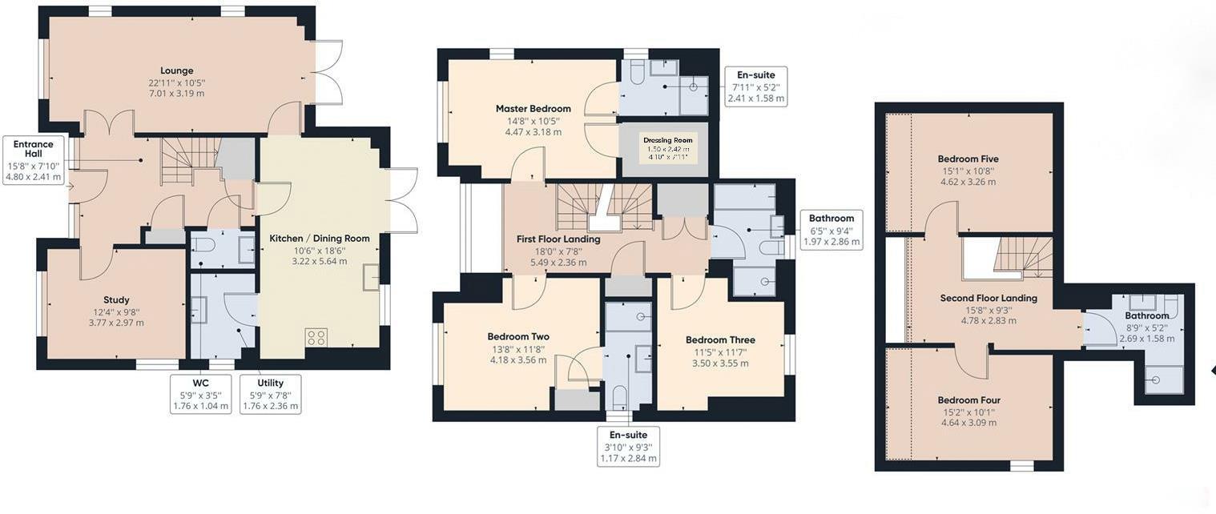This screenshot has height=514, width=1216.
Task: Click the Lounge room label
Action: (176, 71)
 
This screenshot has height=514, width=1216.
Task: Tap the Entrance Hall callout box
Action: (34, 161)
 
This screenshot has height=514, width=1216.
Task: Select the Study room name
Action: (116, 300)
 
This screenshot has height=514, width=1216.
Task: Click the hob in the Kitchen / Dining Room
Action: (316, 337)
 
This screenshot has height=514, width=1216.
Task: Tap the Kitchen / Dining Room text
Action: (320, 239)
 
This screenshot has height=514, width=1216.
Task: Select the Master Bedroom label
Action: (533, 109)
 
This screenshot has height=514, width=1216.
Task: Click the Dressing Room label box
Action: (668, 148)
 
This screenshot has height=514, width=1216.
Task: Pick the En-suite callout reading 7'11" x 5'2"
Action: (755, 86)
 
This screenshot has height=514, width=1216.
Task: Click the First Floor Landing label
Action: (558, 239)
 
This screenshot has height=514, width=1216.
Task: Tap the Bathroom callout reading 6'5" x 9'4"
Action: (831, 231)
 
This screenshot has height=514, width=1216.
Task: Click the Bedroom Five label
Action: (968, 159)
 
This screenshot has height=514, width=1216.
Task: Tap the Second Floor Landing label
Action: (989, 299)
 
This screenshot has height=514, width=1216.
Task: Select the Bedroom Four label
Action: (968, 400)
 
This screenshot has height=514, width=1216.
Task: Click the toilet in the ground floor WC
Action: (203, 244)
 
